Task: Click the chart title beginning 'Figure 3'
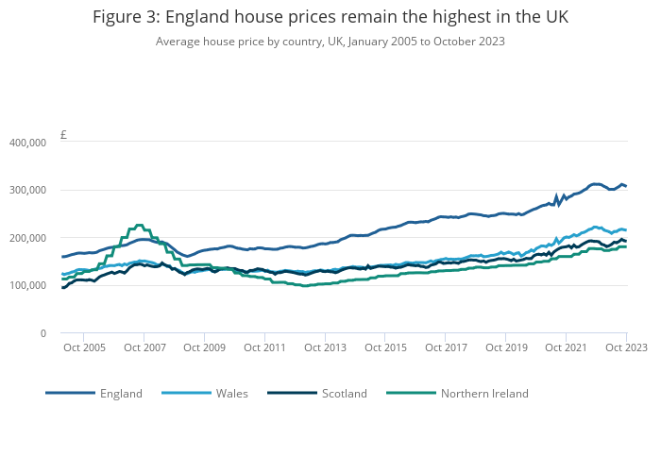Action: click(x=330, y=18)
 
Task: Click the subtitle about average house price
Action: click(x=330, y=42)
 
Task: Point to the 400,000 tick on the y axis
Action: click(x=27, y=143)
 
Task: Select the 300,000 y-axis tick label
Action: click(x=27, y=190)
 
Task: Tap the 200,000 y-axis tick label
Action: click(x=27, y=238)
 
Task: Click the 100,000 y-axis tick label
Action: click(x=27, y=285)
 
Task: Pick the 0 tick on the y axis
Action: click(x=42, y=333)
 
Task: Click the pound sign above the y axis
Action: click(x=63, y=135)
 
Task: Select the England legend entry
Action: click(x=121, y=393)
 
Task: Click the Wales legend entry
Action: click(x=231, y=393)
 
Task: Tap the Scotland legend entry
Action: click(x=344, y=393)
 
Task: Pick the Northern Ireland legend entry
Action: click(x=484, y=393)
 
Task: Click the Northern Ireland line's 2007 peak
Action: click(x=140, y=225)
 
